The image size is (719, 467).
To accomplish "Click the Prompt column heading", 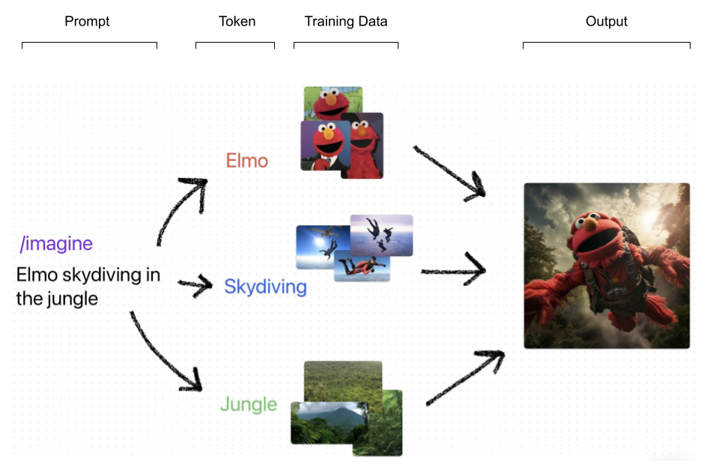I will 87,21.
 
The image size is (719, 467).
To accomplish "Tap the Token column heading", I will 237,21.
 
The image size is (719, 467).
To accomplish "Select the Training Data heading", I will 346,21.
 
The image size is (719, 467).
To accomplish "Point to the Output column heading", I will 606,21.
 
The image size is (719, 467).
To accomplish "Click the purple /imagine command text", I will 57,243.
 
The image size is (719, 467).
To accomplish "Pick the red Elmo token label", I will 247,161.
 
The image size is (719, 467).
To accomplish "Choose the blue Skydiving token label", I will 265,287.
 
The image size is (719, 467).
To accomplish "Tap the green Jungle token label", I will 249,405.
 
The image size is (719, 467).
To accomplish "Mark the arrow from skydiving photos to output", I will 454,270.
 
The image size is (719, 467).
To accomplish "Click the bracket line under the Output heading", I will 606,43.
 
